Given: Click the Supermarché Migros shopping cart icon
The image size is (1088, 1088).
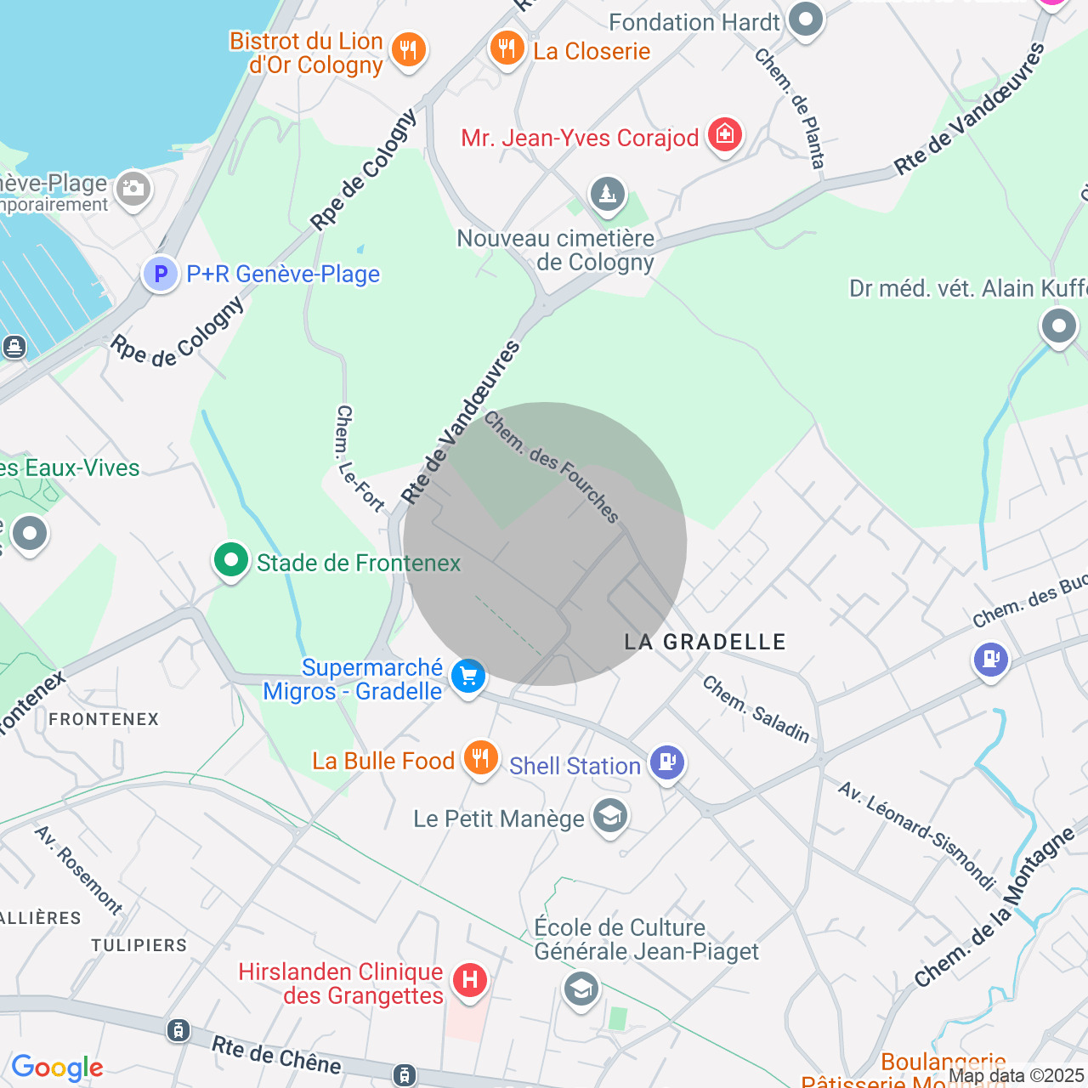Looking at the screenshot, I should [467, 677].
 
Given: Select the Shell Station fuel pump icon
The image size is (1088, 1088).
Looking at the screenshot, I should [667, 762].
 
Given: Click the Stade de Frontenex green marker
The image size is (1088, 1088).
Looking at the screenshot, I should [231, 560].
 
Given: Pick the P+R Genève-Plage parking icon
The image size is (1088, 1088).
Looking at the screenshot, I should [160, 274].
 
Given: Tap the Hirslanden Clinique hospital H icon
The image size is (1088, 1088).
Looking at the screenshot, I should [469, 980].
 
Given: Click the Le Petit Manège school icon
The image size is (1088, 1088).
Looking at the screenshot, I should [610, 816].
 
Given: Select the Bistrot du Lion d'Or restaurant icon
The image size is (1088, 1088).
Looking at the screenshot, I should [409, 48].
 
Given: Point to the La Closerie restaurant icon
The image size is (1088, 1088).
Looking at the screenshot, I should [507, 48].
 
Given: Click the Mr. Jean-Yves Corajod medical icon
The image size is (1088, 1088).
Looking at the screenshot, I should [725, 133].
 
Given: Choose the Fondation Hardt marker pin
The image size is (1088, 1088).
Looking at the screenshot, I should [805, 19].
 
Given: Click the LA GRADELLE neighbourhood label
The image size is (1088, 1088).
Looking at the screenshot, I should [705, 642].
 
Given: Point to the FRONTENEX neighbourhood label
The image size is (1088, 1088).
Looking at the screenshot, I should [104, 719].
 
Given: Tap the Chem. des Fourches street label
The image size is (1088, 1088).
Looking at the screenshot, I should [552, 467].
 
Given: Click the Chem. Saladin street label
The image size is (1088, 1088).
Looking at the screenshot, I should [756, 709].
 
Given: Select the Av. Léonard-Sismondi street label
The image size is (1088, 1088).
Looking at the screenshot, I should [916, 835].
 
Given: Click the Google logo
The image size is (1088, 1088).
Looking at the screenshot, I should [57, 1068].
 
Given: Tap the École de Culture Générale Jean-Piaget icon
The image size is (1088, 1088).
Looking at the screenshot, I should [581, 989].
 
